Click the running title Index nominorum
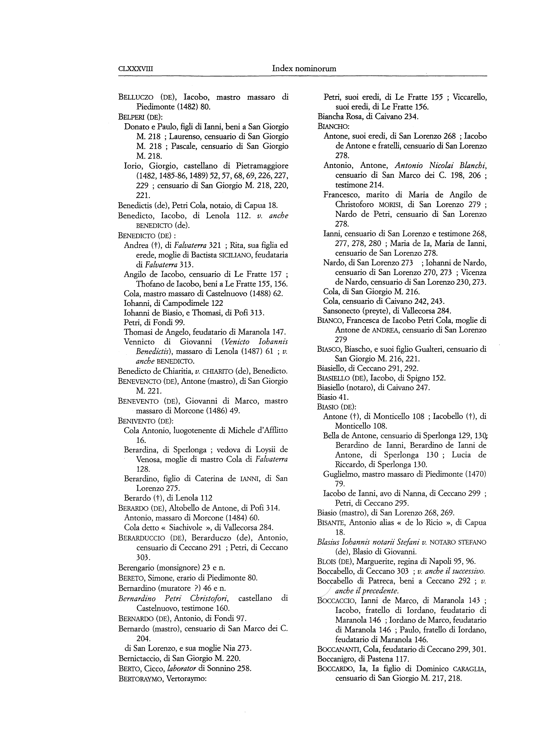304,69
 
